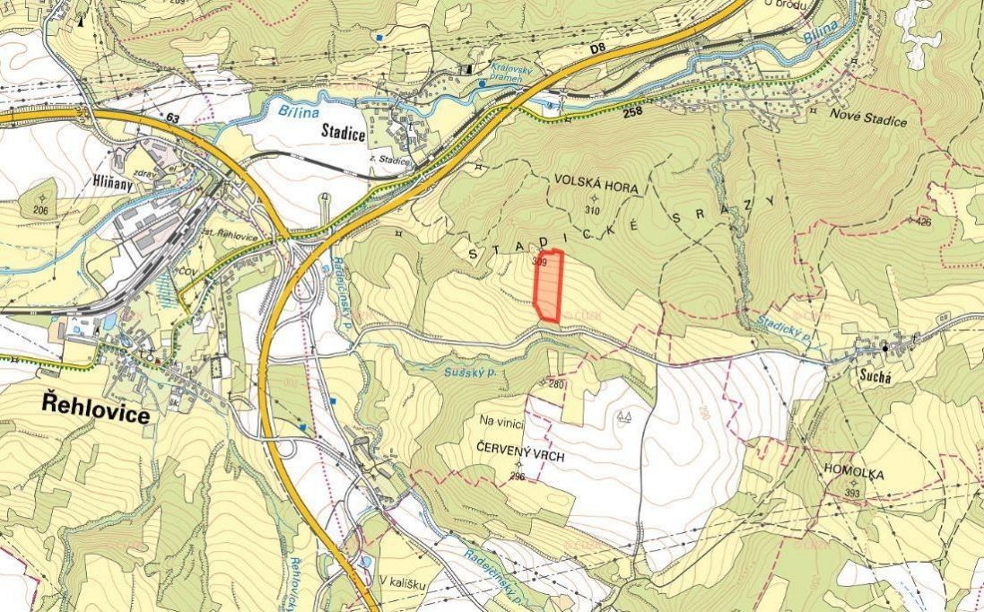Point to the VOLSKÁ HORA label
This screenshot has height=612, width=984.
(x=595, y=188)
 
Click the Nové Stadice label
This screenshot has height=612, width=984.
(x=867, y=121)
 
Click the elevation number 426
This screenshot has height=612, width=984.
(x=923, y=221)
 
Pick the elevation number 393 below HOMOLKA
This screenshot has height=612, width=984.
(x=851, y=494)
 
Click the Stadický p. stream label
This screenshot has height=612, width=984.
(x=784, y=325)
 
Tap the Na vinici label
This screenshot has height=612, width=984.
(x=501, y=420)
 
